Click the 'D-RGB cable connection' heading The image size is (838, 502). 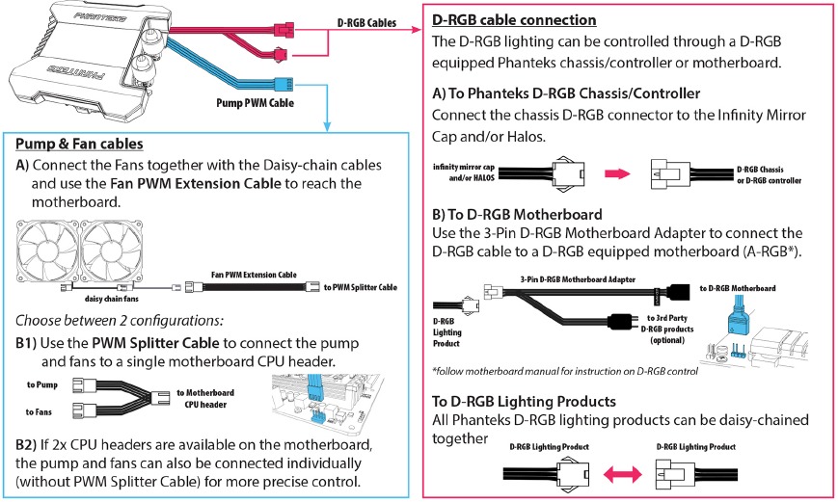514,20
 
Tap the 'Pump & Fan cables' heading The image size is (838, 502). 79,144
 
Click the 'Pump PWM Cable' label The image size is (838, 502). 255,102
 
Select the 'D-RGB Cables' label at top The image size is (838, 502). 366,23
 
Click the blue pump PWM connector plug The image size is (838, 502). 284,84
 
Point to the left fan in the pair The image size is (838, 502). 47,251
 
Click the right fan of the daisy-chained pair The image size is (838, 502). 111,251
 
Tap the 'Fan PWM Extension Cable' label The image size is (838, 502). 254,275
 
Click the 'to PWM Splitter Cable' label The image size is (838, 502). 361,287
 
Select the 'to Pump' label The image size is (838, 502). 42,384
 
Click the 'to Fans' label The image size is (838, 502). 39,411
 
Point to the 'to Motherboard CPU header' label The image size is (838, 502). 205,398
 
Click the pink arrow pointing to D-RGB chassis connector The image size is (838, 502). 617,173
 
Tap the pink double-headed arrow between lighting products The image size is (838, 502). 623,474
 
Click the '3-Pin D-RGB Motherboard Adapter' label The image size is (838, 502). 578,279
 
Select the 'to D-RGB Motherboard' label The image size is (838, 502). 738,288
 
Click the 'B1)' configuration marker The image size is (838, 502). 26,343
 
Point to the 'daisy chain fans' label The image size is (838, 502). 111,299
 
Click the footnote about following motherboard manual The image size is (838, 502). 565,371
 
